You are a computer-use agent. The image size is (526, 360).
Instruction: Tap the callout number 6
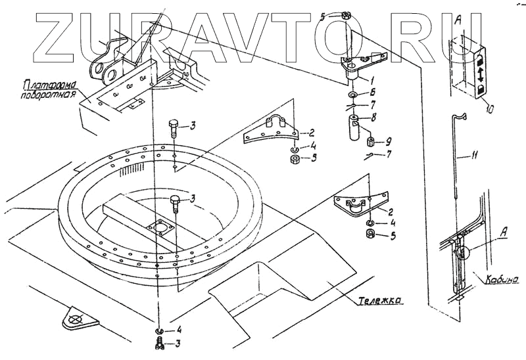pos(391,93)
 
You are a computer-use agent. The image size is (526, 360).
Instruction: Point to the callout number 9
pos(391,141)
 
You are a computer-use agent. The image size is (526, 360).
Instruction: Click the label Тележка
pos(381,301)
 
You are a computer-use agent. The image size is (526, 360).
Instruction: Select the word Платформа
pos(50,83)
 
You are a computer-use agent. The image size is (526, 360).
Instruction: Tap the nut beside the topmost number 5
pos(347,16)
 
